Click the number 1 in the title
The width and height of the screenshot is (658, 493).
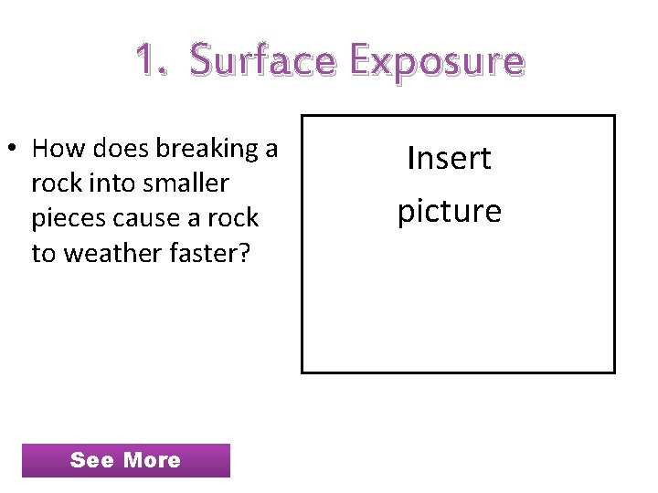point(144,60)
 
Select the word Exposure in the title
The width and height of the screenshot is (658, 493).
point(437,61)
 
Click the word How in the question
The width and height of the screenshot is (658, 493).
point(58,148)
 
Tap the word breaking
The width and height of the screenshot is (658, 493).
point(211,149)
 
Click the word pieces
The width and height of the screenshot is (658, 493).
point(66,218)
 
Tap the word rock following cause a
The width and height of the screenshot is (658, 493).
point(236,218)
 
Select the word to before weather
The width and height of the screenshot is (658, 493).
point(42,253)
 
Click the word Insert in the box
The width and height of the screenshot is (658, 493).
point(450,158)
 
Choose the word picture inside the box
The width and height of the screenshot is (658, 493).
point(450,211)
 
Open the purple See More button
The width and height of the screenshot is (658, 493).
point(125,460)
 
